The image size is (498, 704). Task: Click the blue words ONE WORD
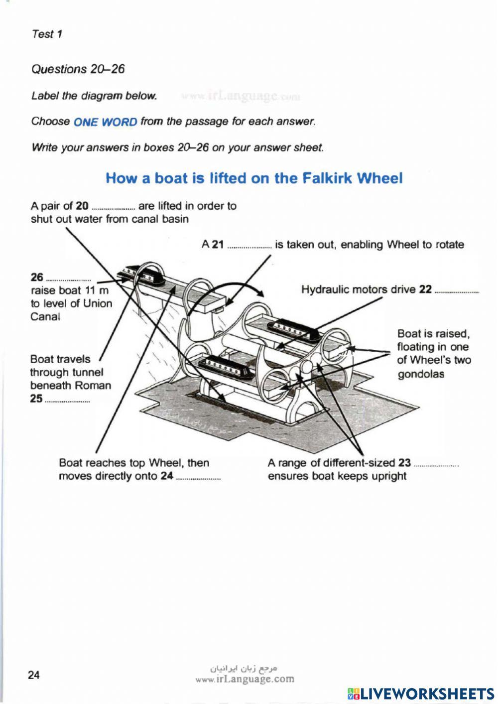click(x=105, y=122)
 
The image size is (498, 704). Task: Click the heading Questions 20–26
click(x=78, y=69)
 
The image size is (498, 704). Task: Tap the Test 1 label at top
click(x=47, y=34)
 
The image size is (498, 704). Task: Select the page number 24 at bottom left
click(x=34, y=676)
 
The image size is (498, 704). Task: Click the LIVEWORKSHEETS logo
click(x=421, y=694)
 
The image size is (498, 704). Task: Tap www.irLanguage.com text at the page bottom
click(x=245, y=679)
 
